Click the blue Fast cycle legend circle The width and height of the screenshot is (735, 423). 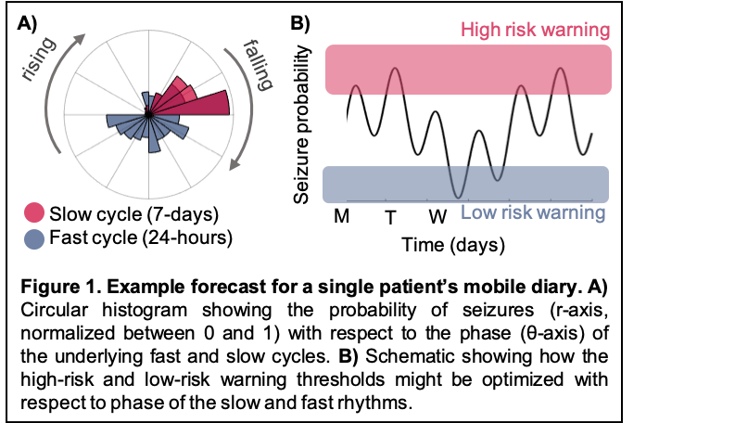point(36,238)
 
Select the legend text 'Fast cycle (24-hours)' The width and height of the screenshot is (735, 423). point(141,238)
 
